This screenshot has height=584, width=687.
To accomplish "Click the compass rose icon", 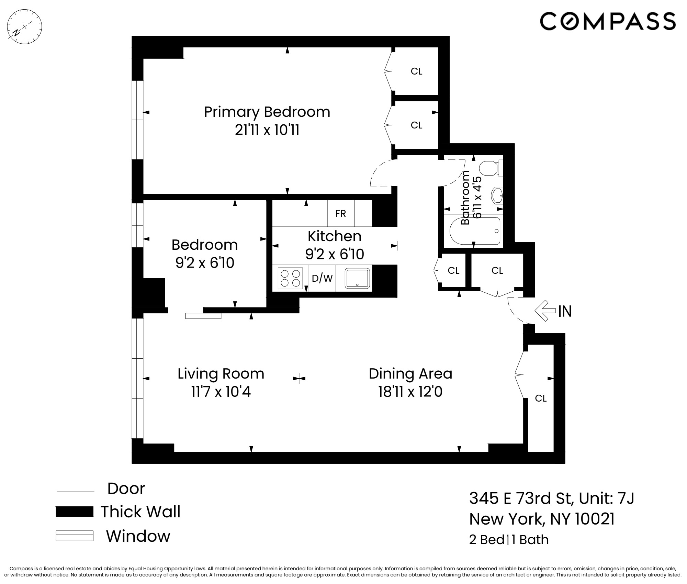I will click(24, 27).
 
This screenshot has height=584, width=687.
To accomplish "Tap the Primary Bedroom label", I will click(267, 112).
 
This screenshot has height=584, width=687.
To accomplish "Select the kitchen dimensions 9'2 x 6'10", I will click(334, 254).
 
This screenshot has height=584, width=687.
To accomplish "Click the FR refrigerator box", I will click(340, 213).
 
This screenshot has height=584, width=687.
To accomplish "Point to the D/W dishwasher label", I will click(322, 278).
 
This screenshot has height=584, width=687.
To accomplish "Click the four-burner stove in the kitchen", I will click(290, 278).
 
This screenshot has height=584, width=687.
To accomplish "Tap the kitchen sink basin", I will click(357, 278).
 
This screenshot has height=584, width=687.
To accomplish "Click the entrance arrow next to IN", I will click(545, 311).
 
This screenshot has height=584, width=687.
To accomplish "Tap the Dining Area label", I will click(410, 374).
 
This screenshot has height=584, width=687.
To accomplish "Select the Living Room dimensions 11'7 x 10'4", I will click(221, 392).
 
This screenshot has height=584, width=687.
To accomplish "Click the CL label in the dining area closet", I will click(541, 398).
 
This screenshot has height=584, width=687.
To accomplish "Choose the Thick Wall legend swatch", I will click(75, 512).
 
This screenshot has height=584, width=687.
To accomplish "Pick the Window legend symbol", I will click(75, 536).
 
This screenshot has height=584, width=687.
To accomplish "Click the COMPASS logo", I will click(608, 21).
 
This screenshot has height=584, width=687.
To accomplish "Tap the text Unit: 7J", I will click(606, 498).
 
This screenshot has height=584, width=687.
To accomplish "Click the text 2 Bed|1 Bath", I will click(509, 540).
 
